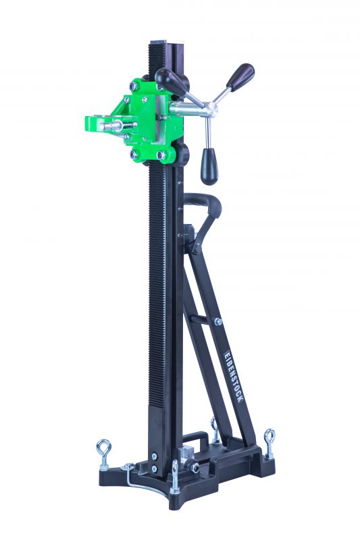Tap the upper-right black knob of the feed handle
[x=241, y=74]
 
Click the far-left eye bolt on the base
[x=104, y=448]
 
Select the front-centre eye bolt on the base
[x=175, y=469]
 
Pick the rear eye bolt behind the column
[x=215, y=426]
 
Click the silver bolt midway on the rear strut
[x=218, y=322]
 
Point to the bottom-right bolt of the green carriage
[x=161, y=156]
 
